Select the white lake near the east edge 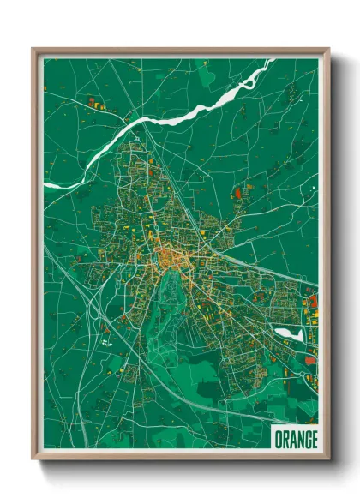coord(289,333)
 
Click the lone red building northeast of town coord(239,194)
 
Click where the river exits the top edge coord(268,60)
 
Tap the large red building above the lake coord(312,301)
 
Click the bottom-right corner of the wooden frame coord(328,459)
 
